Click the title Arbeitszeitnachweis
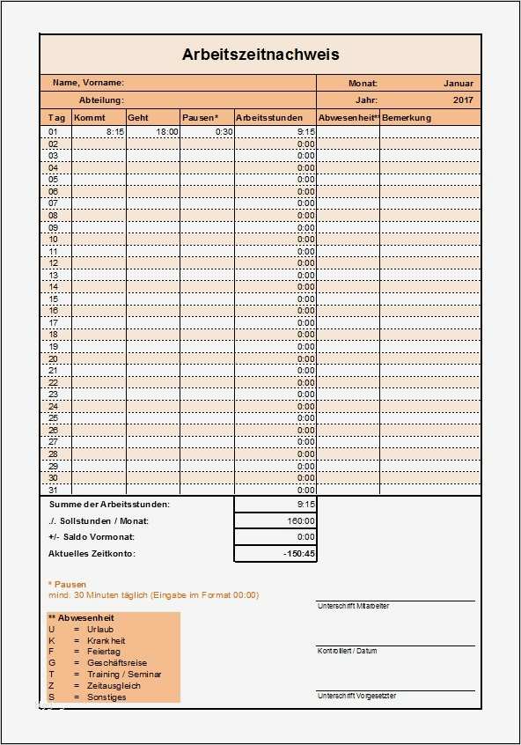(260, 55)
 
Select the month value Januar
(459, 83)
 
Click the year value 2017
(463, 100)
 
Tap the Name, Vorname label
(88, 83)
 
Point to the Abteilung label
(101, 100)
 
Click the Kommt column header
(89, 118)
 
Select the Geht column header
(138, 118)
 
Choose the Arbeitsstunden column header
(269, 118)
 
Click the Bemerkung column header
(407, 118)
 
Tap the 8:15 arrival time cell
(114, 131)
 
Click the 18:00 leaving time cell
(167, 131)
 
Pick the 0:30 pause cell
(224, 131)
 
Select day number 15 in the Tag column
(54, 299)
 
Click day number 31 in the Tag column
(54, 490)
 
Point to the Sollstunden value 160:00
(300, 520)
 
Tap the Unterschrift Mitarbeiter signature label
(353, 607)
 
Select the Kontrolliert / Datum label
(347, 651)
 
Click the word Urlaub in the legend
(99, 629)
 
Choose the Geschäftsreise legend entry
(116, 662)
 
